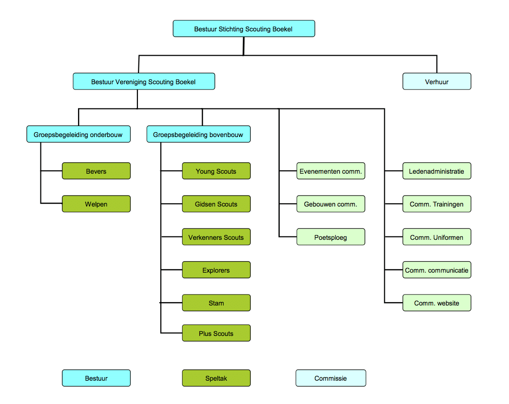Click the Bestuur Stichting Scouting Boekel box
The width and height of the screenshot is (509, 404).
244,29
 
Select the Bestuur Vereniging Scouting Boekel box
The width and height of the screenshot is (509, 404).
144,81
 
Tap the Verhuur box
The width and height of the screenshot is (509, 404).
437,81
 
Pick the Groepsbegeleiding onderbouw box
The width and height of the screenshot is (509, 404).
78,134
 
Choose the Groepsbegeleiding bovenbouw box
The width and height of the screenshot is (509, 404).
198,134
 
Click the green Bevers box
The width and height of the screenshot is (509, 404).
96,171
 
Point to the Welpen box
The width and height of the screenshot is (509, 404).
96,204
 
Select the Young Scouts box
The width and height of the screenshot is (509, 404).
216,171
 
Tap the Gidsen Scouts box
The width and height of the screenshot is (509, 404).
216,204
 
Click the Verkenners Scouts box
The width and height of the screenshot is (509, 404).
216,237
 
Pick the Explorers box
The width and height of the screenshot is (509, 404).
216,270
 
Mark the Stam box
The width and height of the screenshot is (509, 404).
216,303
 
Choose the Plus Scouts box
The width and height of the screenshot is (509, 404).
216,333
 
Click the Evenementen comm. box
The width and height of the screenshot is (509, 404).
331,171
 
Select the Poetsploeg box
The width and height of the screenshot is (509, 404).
331,237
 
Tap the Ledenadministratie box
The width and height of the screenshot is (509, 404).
437,171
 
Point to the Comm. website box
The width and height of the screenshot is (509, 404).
437,303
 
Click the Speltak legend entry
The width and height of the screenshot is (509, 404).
216,378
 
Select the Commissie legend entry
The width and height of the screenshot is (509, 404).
331,378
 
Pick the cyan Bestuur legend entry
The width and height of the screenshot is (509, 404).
96,378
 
